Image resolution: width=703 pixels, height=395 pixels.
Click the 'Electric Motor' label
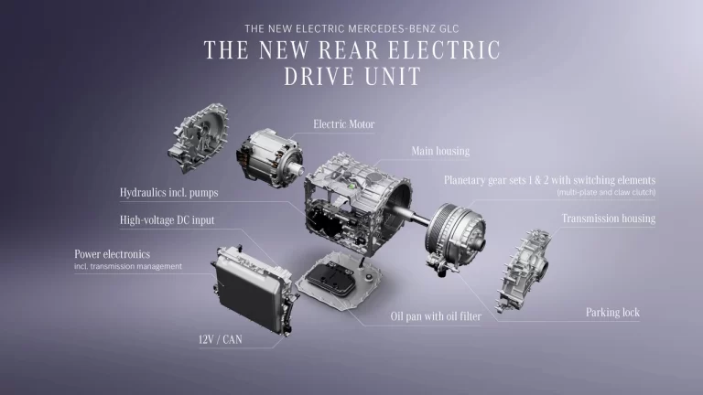pyautogui.click(x=344, y=124)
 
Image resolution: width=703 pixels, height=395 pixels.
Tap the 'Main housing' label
pyautogui.click(x=440, y=151)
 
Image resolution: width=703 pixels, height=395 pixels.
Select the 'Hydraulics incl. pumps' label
pyautogui.click(x=169, y=193)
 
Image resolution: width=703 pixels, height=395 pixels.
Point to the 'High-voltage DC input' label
pyautogui.click(x=167, y=220)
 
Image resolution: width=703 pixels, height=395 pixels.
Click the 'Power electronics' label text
pyautogui.click(x=112, y=254)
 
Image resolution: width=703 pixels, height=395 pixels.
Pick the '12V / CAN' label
pyautogui.click(x=220, y=339)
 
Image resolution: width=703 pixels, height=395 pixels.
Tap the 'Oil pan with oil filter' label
pyautogui.click(x=436, y=316)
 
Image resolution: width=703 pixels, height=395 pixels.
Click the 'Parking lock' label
pyautogui.click(x=612, y=312)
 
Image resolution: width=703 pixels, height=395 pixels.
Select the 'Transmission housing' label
pyautogui.click(x=609, y=219)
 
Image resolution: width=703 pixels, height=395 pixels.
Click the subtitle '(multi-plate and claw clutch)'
pyautogui.click(x=606, y=193)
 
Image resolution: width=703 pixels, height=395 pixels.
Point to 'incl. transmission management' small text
pyautogui.click(x=128, y=266)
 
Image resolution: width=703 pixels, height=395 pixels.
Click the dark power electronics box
pyautogui.click(x=251, y=289)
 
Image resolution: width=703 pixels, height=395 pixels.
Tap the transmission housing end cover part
pyautogui.click(x=524, y=271)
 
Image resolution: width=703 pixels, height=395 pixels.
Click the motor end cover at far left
pyautogui.click(x=198, y=138)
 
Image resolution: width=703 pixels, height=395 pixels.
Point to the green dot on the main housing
pyautogui.click(x=351, y=186)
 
